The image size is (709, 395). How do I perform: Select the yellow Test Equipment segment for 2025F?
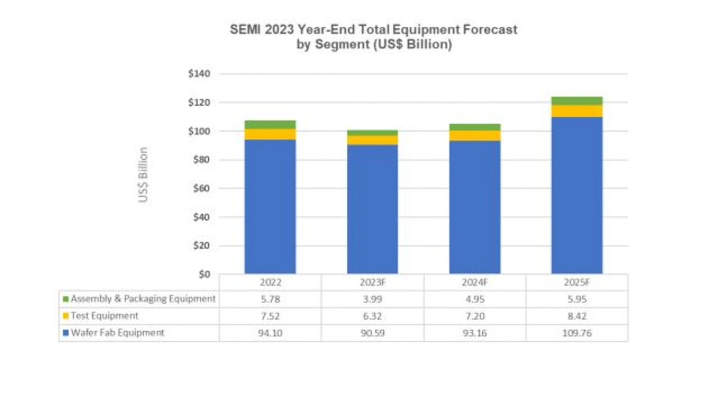[x=577, y=111]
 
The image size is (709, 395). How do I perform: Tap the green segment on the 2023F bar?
[x=372, y=133]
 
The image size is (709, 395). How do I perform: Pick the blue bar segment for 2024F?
[x=475, y=206]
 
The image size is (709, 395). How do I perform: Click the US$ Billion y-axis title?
[x=143, y=174]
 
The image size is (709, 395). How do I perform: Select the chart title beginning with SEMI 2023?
[x=373, y=37]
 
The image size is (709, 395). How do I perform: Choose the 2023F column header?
[x=372, y=282]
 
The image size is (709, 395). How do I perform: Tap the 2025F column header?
[x=577, y=282]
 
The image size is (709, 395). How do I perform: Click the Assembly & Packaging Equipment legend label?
[x=143, y=299]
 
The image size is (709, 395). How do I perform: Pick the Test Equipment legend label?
[x=104, y=316]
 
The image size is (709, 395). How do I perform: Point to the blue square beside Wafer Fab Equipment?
[x=66, y=333]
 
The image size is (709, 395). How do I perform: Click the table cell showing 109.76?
[x=577, y=333]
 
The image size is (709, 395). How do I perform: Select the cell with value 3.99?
[x=372, y=299]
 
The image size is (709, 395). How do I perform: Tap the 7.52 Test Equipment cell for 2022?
[x=270, y=316]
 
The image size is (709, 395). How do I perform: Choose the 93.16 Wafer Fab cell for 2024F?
[x=475, y=333]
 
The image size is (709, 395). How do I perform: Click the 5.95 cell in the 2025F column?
[x=577, y=299]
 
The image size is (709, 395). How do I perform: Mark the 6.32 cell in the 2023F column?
[x=372, y=316]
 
